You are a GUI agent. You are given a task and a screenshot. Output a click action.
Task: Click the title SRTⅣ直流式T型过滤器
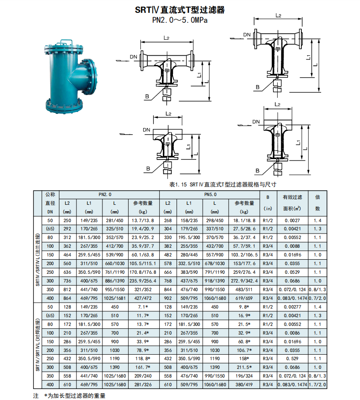pos(180,10)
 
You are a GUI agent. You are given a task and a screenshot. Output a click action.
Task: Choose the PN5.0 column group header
pos(210,194)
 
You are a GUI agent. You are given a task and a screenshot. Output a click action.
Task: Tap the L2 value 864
pos(67,298)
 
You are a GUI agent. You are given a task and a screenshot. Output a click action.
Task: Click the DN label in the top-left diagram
pos(134,57)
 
